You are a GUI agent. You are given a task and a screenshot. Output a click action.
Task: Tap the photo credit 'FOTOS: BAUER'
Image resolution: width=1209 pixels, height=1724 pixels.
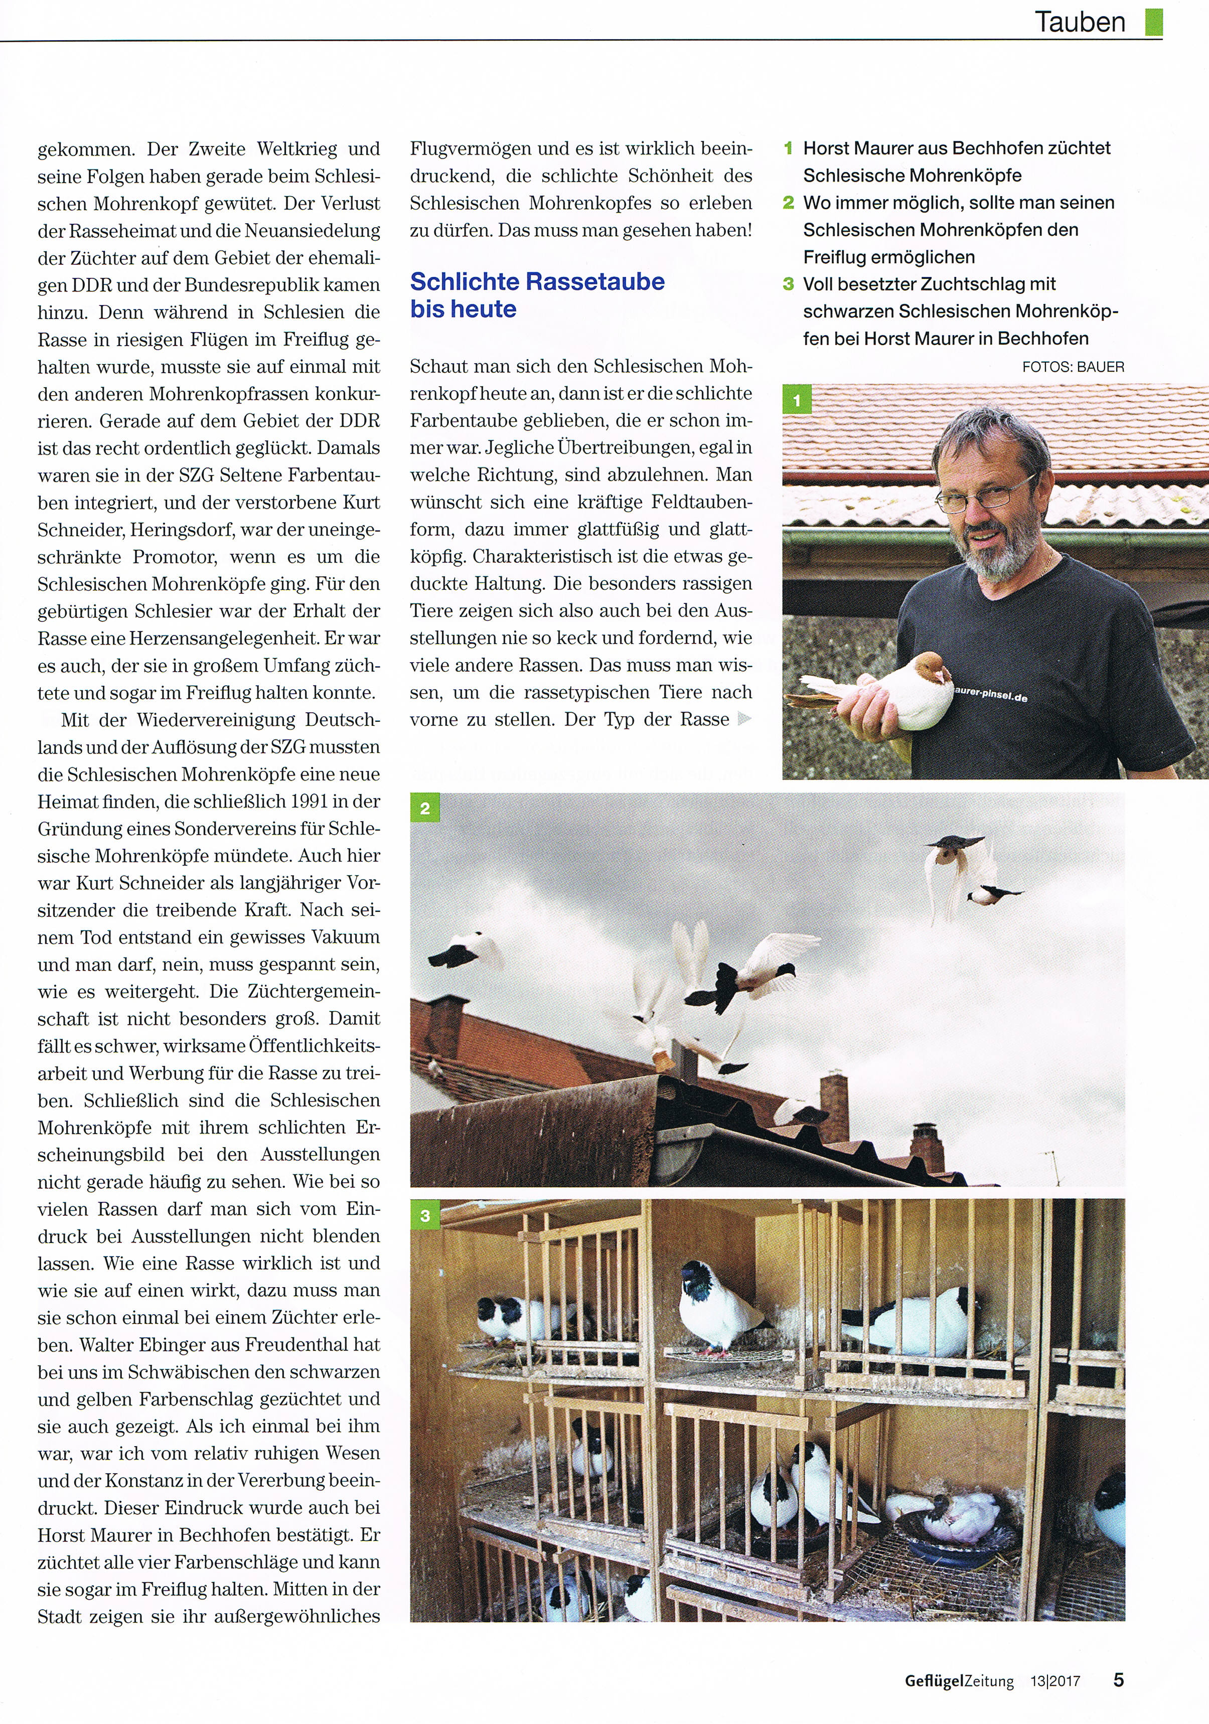(1073, 367)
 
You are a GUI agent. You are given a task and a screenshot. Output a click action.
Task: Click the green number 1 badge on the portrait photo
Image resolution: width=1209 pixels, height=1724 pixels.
(797, 400)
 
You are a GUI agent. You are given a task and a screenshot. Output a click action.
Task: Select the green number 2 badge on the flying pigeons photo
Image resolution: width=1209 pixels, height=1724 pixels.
(425, 808)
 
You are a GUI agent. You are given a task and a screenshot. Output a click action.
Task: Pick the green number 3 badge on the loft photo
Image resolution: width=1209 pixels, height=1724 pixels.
(425, 1215)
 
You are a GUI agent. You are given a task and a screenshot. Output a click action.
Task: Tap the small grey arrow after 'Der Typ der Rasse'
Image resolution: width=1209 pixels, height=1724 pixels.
(744, 719)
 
